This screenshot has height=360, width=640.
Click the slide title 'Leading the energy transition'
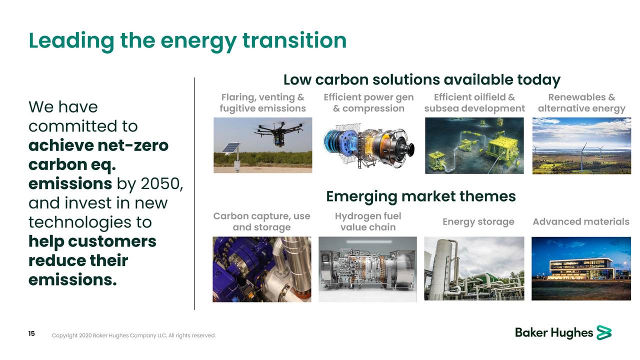click(x=187, y=40)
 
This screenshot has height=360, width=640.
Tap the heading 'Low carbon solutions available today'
click(x=421, y=80)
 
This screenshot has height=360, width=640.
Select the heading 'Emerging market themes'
click(x=420, y=196)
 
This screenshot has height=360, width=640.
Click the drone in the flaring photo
click(x=279, y=132)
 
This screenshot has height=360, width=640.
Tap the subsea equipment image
click(x=474, y=145)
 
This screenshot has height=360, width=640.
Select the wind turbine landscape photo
click(x=581, y=145)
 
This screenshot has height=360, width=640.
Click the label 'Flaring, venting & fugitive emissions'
click(x=262, y=103)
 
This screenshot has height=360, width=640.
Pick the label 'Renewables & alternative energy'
click(x=581, y=103)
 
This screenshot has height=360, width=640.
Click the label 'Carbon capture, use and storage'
click(x=261, y=221)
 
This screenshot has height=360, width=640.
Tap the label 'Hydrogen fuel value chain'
click(x=368, y=221)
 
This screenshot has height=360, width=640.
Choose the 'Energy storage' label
click(x=478, y=221)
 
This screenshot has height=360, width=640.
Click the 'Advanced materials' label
click(x=580, y=221)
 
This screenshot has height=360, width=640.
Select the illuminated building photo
click(x=581, y=268)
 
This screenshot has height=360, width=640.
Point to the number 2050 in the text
click(x=160, y=184)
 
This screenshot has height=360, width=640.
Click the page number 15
click(x=31, y=334)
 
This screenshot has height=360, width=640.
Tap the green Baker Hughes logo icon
click(x=604, y=332)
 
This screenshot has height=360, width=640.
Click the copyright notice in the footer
click(x=133, y=335)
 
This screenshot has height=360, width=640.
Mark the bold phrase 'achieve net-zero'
click(x=98, y=145)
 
